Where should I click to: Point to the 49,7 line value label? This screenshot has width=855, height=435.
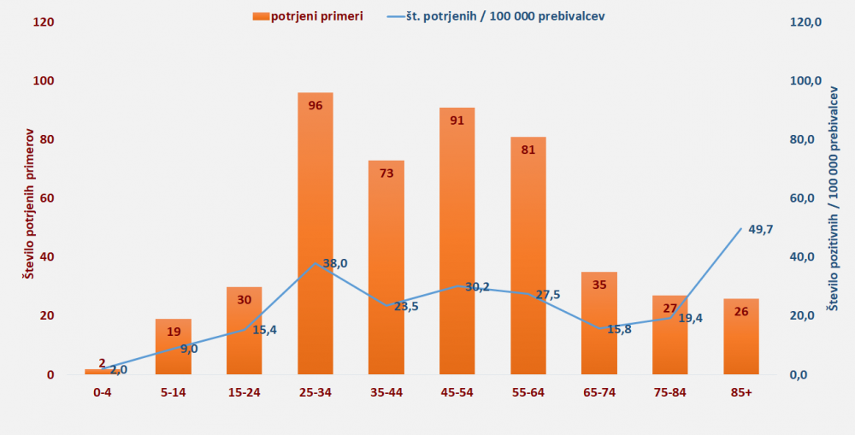[760, 229]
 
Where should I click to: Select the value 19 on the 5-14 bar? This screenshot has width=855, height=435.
[174, 332]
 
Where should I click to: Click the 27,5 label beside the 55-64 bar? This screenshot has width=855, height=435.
[547, 295]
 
